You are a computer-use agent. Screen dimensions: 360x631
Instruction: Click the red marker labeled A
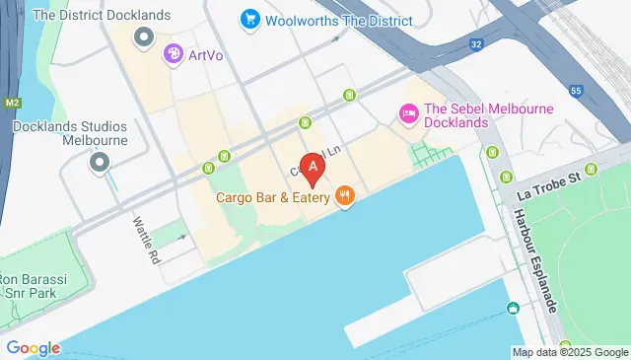[x=314, y=167]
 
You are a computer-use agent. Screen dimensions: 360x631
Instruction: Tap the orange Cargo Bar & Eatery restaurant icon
[x=344, y=195]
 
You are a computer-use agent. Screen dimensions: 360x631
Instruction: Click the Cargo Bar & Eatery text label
[x=273, y=196]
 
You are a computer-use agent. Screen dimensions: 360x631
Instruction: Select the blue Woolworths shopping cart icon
[x=248, y=19]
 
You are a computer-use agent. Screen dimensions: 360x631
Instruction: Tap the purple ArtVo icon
[x=174, y=54]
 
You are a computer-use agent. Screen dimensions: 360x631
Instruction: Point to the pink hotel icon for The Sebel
[x=406, y=114]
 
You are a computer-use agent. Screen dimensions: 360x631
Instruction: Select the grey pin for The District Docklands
[x=145, y=37]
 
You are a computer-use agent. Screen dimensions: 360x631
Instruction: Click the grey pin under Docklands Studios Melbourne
[x=98, y=162]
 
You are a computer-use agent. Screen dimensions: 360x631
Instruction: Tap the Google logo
[x=33, y=347]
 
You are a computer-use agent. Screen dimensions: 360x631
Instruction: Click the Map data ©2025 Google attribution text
[x=569, y=352]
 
